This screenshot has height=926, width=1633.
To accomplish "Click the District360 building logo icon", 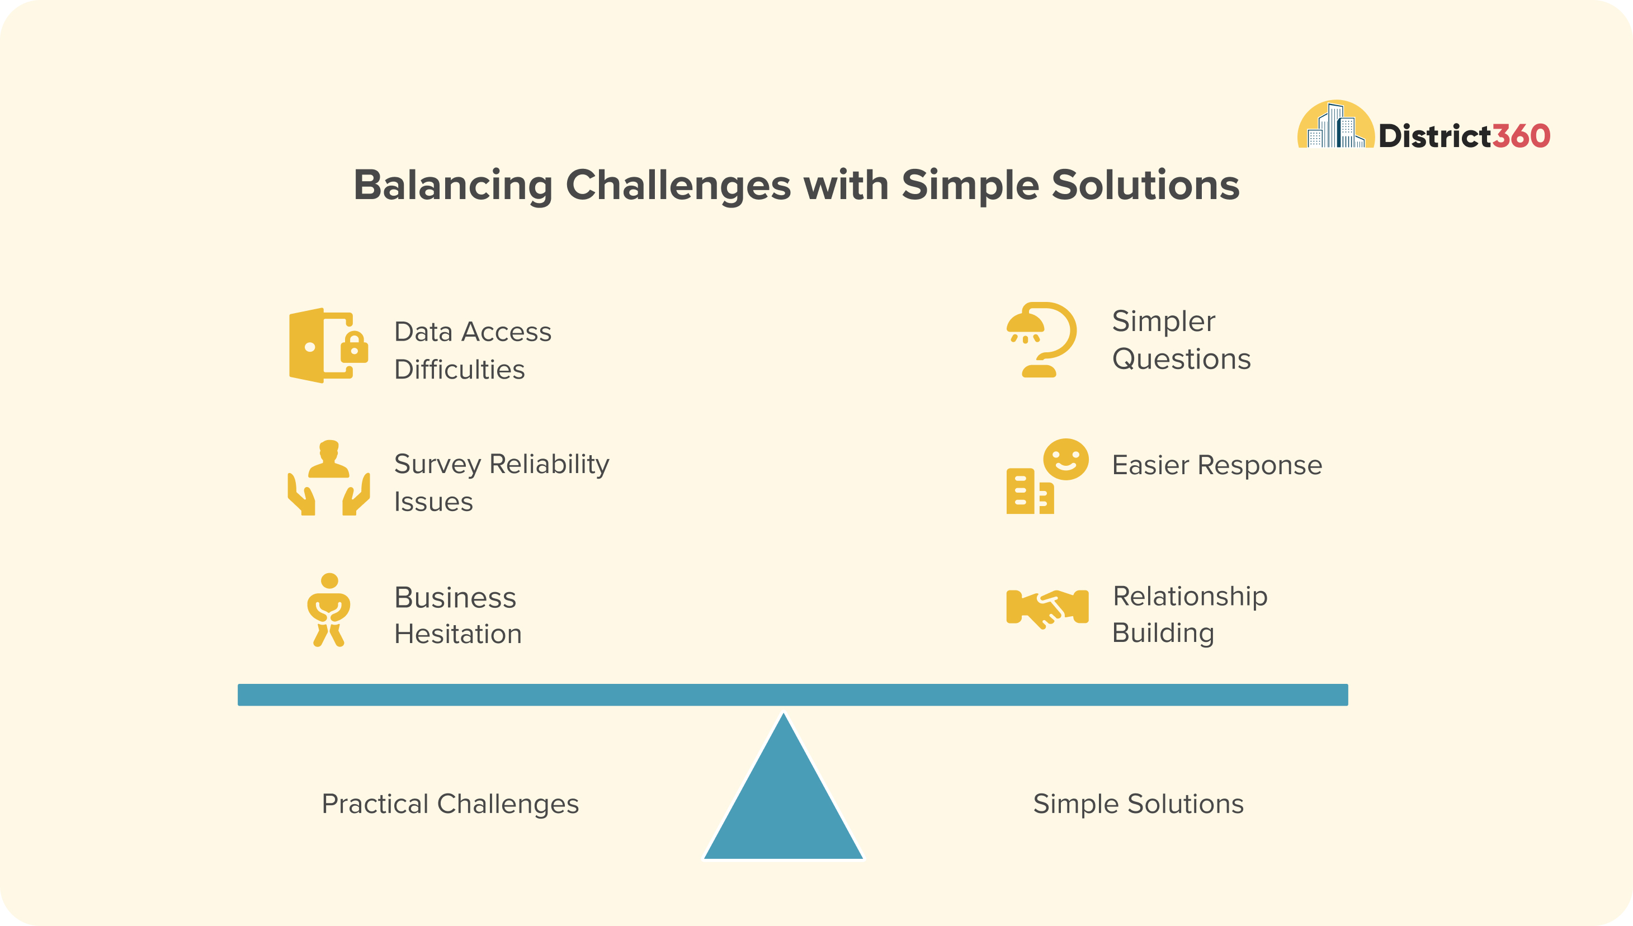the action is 1335,124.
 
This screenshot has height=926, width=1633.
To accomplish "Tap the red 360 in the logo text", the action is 1521,136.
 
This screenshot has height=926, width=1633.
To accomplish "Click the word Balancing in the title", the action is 453,186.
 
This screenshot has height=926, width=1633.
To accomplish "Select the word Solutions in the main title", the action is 1145,185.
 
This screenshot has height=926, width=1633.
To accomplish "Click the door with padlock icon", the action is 329,346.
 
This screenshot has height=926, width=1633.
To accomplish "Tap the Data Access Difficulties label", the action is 473,351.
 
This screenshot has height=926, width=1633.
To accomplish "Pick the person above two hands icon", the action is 329,477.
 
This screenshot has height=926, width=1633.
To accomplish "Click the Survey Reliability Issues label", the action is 502,482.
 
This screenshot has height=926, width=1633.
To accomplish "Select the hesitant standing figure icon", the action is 329,610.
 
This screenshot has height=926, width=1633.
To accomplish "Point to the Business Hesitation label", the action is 458,615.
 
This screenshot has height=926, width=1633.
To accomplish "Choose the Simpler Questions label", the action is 1181,339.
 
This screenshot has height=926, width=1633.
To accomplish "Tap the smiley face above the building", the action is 1066,459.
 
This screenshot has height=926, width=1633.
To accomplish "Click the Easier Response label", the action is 1217,465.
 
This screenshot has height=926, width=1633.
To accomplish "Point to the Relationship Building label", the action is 1190,614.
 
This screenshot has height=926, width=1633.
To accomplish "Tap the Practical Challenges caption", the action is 450,804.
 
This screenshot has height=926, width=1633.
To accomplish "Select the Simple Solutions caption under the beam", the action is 1138,804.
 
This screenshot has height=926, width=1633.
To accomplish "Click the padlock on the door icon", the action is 354,347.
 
